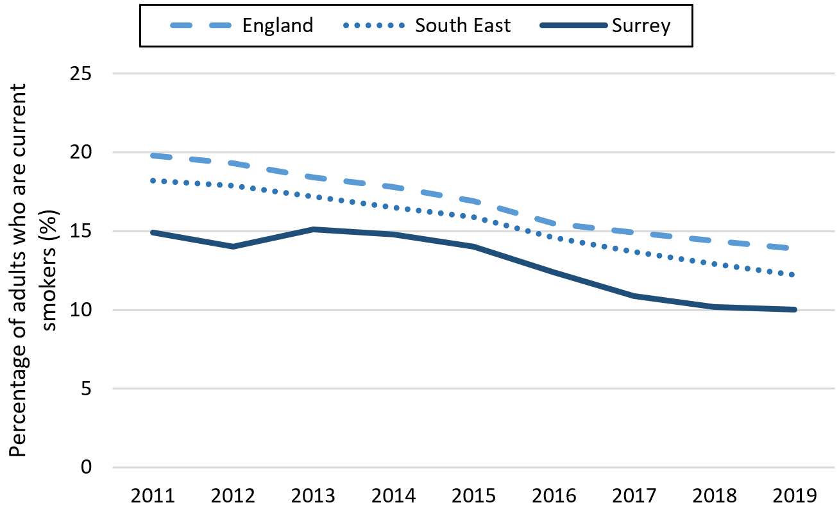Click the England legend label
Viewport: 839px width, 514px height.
(277, 25)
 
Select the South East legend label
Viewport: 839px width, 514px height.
(462, 25)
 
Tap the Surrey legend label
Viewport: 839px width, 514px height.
(641, 25)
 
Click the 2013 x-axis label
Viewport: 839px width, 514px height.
(312, 495)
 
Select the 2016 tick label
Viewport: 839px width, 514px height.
(554, 495)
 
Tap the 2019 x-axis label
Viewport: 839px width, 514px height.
(795, 495)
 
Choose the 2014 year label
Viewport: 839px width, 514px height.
(393, 495)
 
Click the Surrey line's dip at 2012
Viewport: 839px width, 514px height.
(232, 246)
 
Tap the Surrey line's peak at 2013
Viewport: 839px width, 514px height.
(312, 229)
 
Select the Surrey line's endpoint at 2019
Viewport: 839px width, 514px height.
(795, 309)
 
